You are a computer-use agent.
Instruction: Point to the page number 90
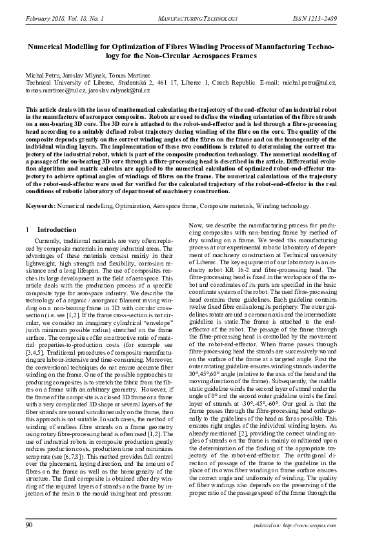point(29,525)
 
